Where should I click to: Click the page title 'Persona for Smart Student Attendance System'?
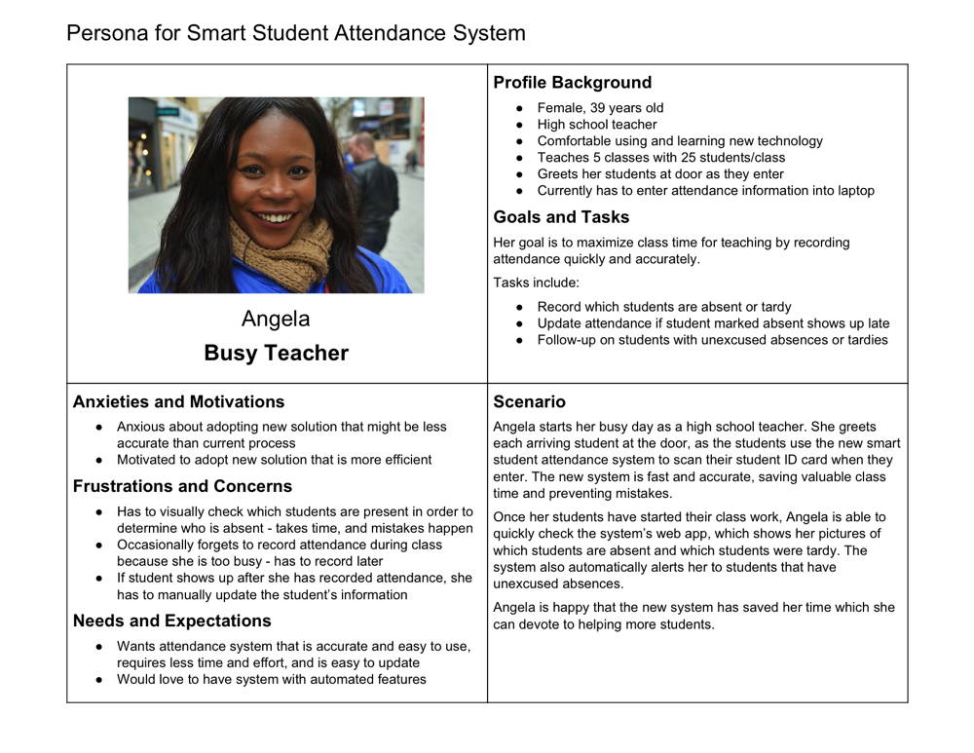295,33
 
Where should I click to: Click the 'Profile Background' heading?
572,83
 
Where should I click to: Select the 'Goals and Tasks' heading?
561,217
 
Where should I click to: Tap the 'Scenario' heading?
529,401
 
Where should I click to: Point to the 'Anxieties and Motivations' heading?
178,401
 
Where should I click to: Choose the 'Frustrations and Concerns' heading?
182,486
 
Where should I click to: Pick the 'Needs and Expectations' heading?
171,621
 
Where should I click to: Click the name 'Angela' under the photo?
276,319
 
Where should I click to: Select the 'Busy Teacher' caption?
276,353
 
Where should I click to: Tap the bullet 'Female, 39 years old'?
600,108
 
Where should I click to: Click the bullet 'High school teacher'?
597,125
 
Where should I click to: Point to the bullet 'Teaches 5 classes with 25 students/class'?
660,158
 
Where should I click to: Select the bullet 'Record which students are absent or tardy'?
664,307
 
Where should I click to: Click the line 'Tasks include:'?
536,282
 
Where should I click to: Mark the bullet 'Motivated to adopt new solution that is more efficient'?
274,460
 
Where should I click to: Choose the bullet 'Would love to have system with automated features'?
271,679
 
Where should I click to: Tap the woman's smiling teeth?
276,217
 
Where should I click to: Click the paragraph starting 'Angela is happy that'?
693,616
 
